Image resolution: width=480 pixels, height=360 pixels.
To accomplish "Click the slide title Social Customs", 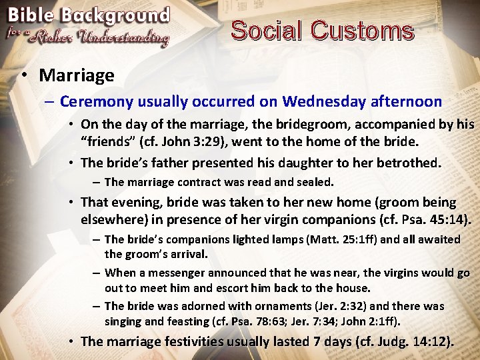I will [322, 31].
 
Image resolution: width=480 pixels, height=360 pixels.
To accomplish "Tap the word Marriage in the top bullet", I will [77, 75].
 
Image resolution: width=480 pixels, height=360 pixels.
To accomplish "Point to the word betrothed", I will [408, 162].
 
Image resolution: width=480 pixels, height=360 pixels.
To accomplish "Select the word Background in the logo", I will [119, 15].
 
